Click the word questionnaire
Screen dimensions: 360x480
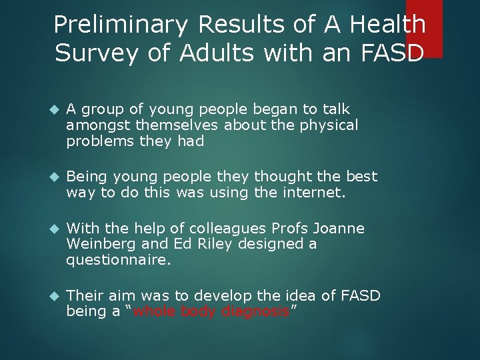119,261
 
